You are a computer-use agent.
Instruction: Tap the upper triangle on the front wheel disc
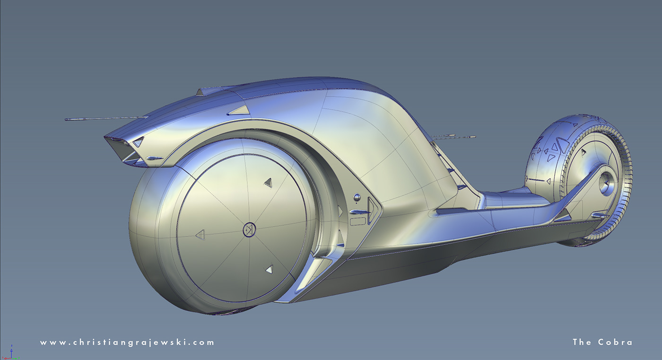(x=268, y=182)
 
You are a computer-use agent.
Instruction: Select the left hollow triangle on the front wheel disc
(x=200, y=234)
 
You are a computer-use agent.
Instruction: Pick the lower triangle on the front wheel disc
(x=269, y=269)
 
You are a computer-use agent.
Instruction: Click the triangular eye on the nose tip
(x=138, y=141)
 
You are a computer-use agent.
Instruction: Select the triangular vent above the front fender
(x=238, y=111)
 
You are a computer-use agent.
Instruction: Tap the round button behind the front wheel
(x=357, y=197)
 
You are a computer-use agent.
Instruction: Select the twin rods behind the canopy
(x=454, y=137)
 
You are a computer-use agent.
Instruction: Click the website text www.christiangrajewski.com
(x=127, y=342)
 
